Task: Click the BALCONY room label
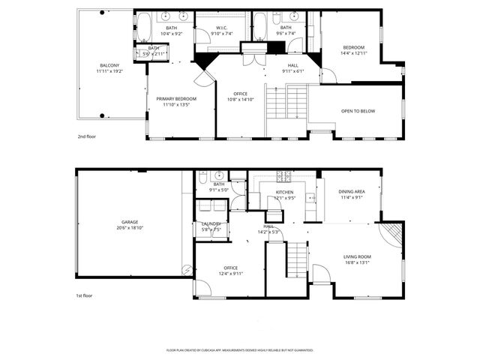click(x=109, y=65)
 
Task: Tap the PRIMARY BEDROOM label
click(x=176, y=99)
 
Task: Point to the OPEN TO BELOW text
click(x=358, y=111)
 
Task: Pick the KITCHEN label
click(x=284, y=193)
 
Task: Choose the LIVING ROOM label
click(x=358, y=256)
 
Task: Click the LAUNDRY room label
click(x=210, y=223)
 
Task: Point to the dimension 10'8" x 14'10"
click(x=241, y=99)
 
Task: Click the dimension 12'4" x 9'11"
click(x=230, y=274)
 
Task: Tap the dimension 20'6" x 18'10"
click(x=130, y=227)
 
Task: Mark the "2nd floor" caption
click(x=87, y=137)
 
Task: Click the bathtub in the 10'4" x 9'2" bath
click(x=142, y=28)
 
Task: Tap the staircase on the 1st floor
click(x=298, y=259)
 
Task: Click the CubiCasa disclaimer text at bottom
click(x=240, y=350)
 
